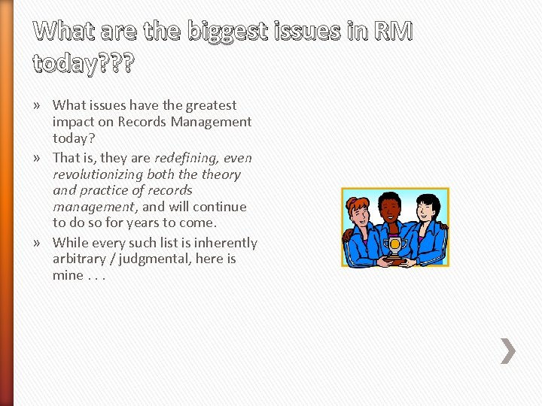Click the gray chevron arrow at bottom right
coord(508,350)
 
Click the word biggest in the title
coord(226,32)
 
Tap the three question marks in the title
coord(116,65)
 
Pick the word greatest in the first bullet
coord(211,105)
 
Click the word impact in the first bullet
coord(73,122)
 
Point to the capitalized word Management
coord(213,122)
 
